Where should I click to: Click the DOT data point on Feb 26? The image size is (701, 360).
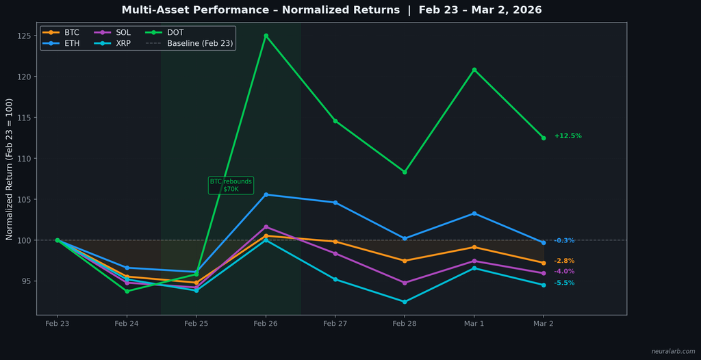(x=266, y=36)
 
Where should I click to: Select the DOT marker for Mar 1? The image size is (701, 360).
(x=474, y=70)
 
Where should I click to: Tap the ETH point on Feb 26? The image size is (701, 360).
(x=266, y=194)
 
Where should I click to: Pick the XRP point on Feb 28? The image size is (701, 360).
(x=405, y=302)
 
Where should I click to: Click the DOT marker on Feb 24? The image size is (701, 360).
(x=127, y=292)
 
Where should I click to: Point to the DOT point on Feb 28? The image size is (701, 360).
(x=405, y=172)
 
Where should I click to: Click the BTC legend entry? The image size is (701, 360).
(x=62, y=32)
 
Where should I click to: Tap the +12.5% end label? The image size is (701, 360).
(x=568, y=136)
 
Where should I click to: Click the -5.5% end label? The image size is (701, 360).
(x=564, y=283)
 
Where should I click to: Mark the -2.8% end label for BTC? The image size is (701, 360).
(x=564, y=261)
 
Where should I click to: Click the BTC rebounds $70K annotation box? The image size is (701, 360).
(x=231, y=185)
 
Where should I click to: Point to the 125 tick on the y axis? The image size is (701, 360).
(x=26, y=36)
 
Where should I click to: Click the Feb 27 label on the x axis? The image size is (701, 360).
(x=335, y=323)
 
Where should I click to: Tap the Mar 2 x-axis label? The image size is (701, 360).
(x=544, y=323)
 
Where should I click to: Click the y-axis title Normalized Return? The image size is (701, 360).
(x=10, y=169)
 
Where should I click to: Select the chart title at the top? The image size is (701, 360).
(x=331, y=10)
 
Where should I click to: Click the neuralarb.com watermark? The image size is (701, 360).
(x=673, y=352)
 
